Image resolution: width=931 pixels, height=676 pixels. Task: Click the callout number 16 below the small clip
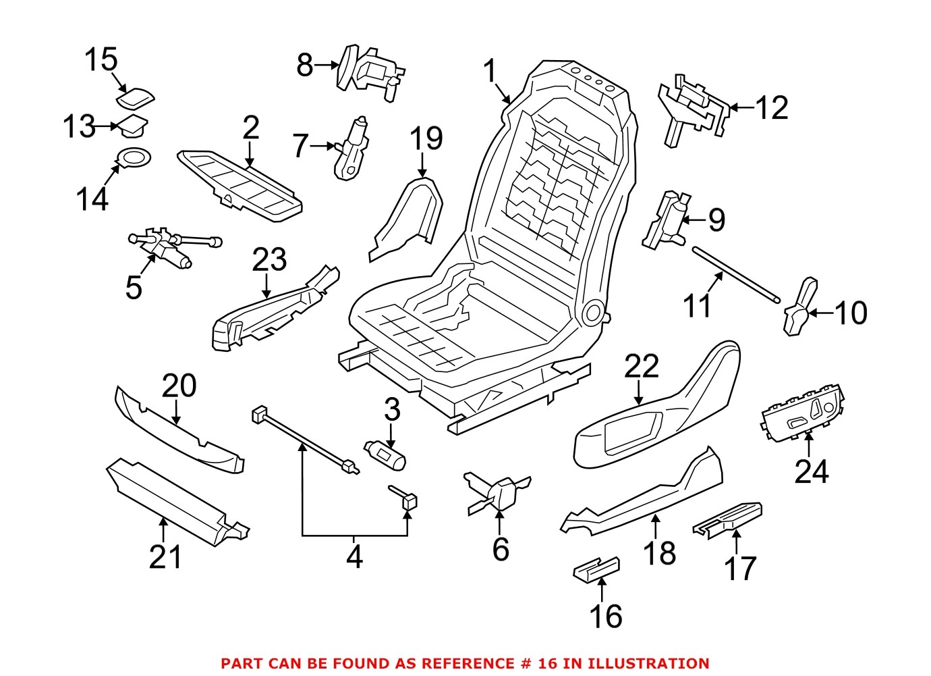pyautogui.click(x=605, y=616)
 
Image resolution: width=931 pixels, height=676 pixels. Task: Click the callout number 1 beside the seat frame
pyautogui.click(x=490, y=72)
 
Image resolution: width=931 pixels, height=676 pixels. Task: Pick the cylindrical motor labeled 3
pyautogui.click(x=385, y=454)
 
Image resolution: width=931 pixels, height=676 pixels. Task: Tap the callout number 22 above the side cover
pyautogui.click(x=640, y=367)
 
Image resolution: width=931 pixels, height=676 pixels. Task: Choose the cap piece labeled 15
pyautogui.click(x=136, y=99)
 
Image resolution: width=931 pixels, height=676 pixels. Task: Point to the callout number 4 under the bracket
pyautogui.click(x=354, y=557)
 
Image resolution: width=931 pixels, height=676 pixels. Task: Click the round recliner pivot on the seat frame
pyautogui.click(x=594, y=312)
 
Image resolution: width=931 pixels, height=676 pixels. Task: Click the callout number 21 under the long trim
pyautogui.click(x=165, y=558)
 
